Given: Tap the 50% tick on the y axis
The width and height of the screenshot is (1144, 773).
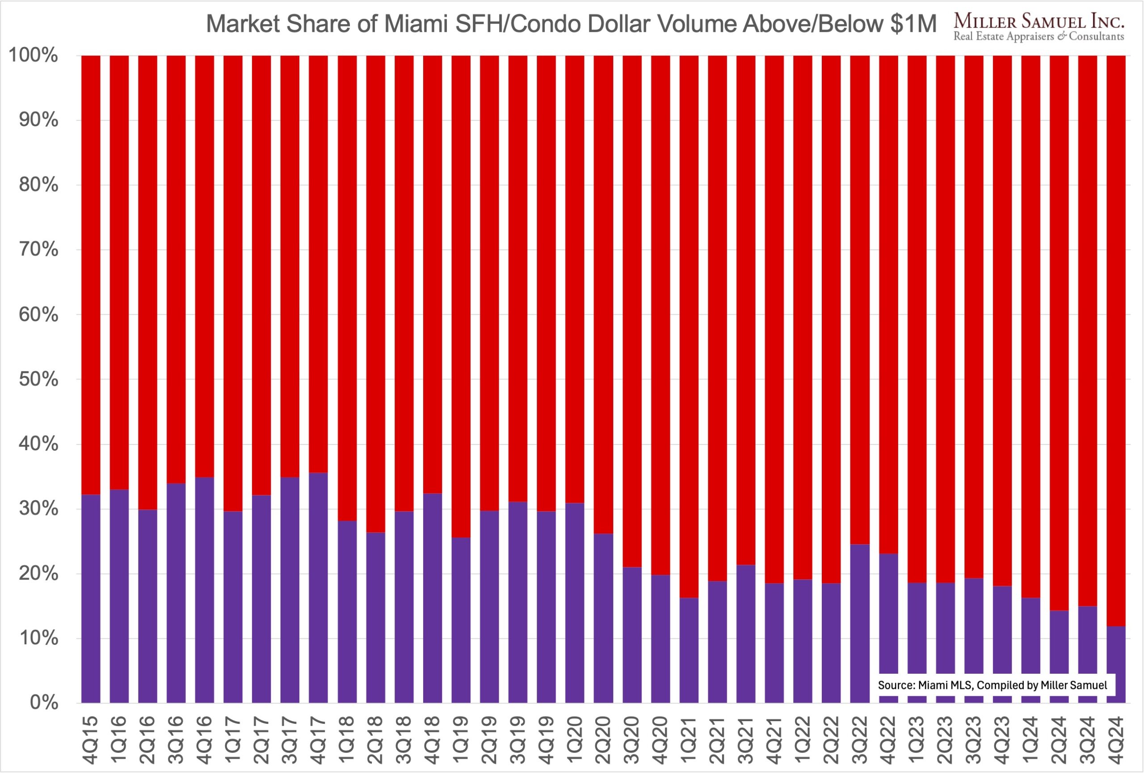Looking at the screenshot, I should point(38,380).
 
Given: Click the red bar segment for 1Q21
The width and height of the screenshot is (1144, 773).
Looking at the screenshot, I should point(689,325).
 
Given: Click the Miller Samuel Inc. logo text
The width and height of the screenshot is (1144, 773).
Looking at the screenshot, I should point(1039,21).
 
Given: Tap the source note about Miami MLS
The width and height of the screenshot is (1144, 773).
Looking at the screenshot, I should point(993,685).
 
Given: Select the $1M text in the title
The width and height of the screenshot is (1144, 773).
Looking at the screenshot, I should point(913,24).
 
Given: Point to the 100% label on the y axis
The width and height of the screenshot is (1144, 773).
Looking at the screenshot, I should point(34,55).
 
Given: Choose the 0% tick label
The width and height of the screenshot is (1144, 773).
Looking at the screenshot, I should point(44,703).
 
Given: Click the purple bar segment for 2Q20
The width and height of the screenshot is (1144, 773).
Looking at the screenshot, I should point(603,618).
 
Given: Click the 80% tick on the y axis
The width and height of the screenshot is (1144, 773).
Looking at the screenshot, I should point(38,185).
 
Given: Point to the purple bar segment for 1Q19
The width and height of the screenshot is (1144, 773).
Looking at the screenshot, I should point(461,620).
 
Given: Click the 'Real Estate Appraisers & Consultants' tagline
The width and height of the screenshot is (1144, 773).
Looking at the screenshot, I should point(1039,36).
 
